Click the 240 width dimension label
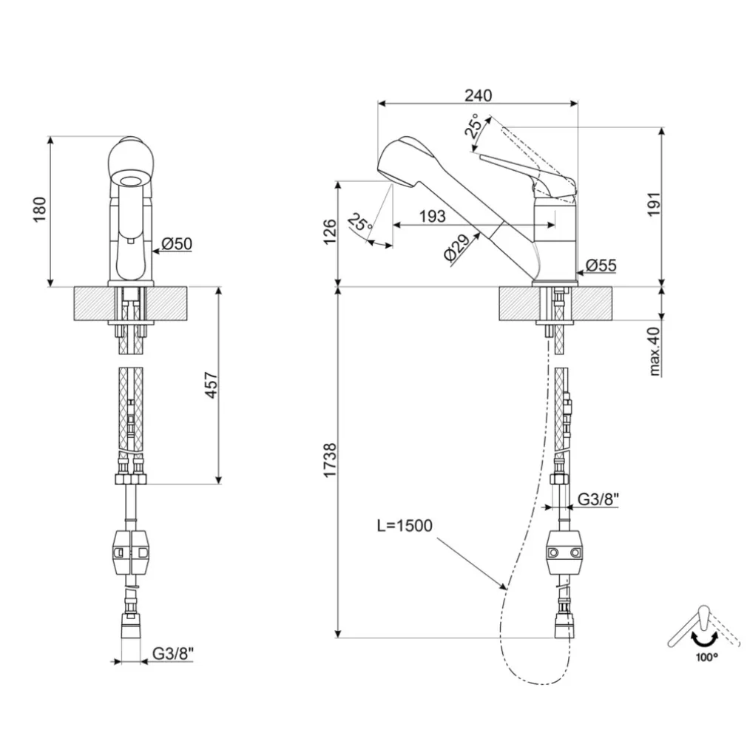[478, 95]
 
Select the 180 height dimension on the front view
[41, 210]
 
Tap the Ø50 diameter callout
[176, 243]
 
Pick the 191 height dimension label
[652, 204]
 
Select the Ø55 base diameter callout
[600, 265]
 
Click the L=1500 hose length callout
[404, 525]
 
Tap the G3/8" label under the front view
[173, 654]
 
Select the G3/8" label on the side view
[598, 499]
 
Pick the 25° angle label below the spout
[360, 223]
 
